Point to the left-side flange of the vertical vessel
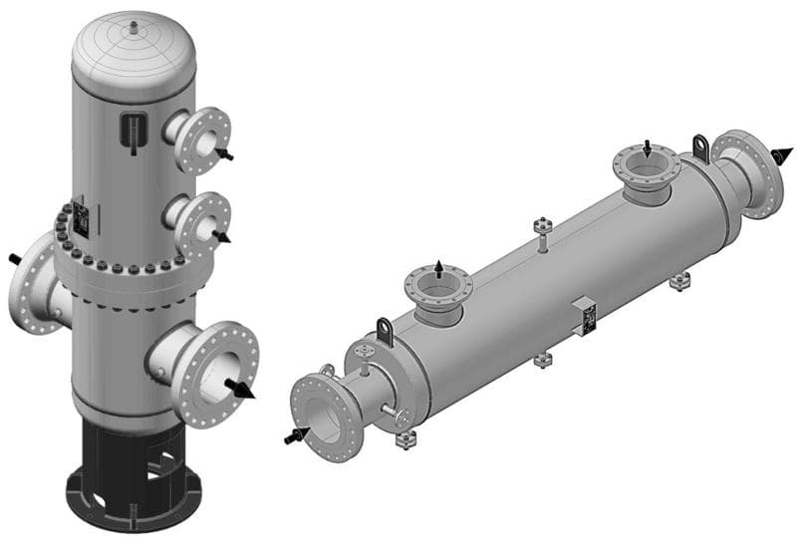click(x=33, y=283)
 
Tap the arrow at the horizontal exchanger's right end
click(x=783, y=154)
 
